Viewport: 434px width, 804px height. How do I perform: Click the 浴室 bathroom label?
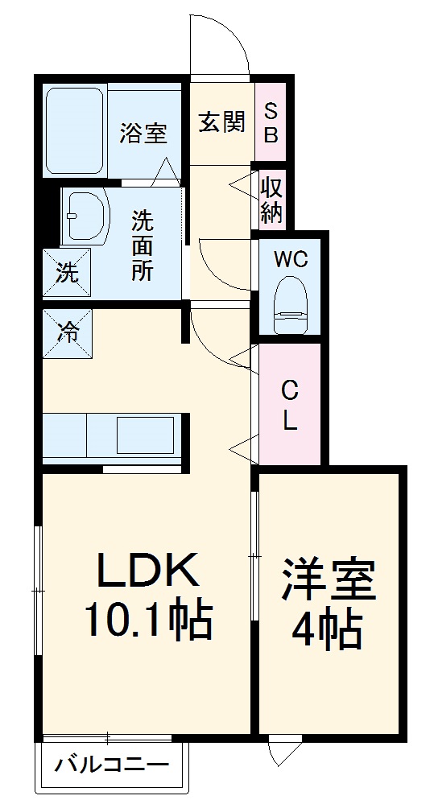(143, 134)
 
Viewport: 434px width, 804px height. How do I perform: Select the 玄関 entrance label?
(221, 122)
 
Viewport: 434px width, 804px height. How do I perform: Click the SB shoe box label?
(271, 122)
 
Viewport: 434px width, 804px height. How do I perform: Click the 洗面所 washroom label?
(143, 245)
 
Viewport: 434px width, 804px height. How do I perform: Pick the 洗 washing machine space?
(67, 273)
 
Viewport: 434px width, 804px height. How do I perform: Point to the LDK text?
(147, 572)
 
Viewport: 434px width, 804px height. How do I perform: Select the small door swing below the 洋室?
(283, 751)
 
